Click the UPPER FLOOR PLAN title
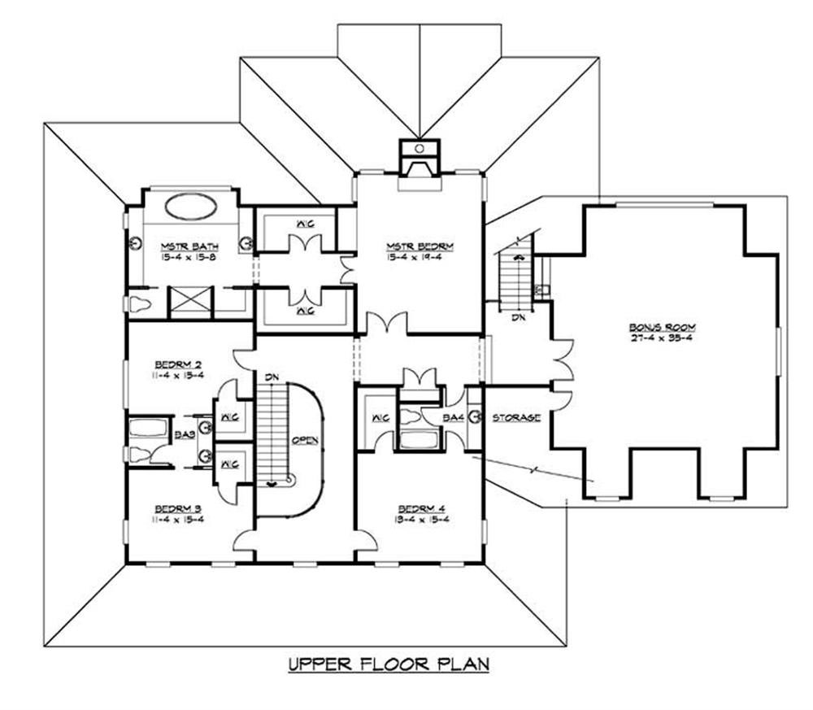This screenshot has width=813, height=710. point(389,664)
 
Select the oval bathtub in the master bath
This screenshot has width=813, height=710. point(190,207)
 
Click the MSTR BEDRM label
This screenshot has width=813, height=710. point(420,246)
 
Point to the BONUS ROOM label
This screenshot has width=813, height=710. point(663,327)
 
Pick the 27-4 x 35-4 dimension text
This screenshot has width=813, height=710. point(663,338)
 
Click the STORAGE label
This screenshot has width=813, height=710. point(516,417)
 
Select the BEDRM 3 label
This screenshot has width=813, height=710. point(178,509)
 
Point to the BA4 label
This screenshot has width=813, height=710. point(453,417)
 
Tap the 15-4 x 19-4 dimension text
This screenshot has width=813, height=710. point(420,256)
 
